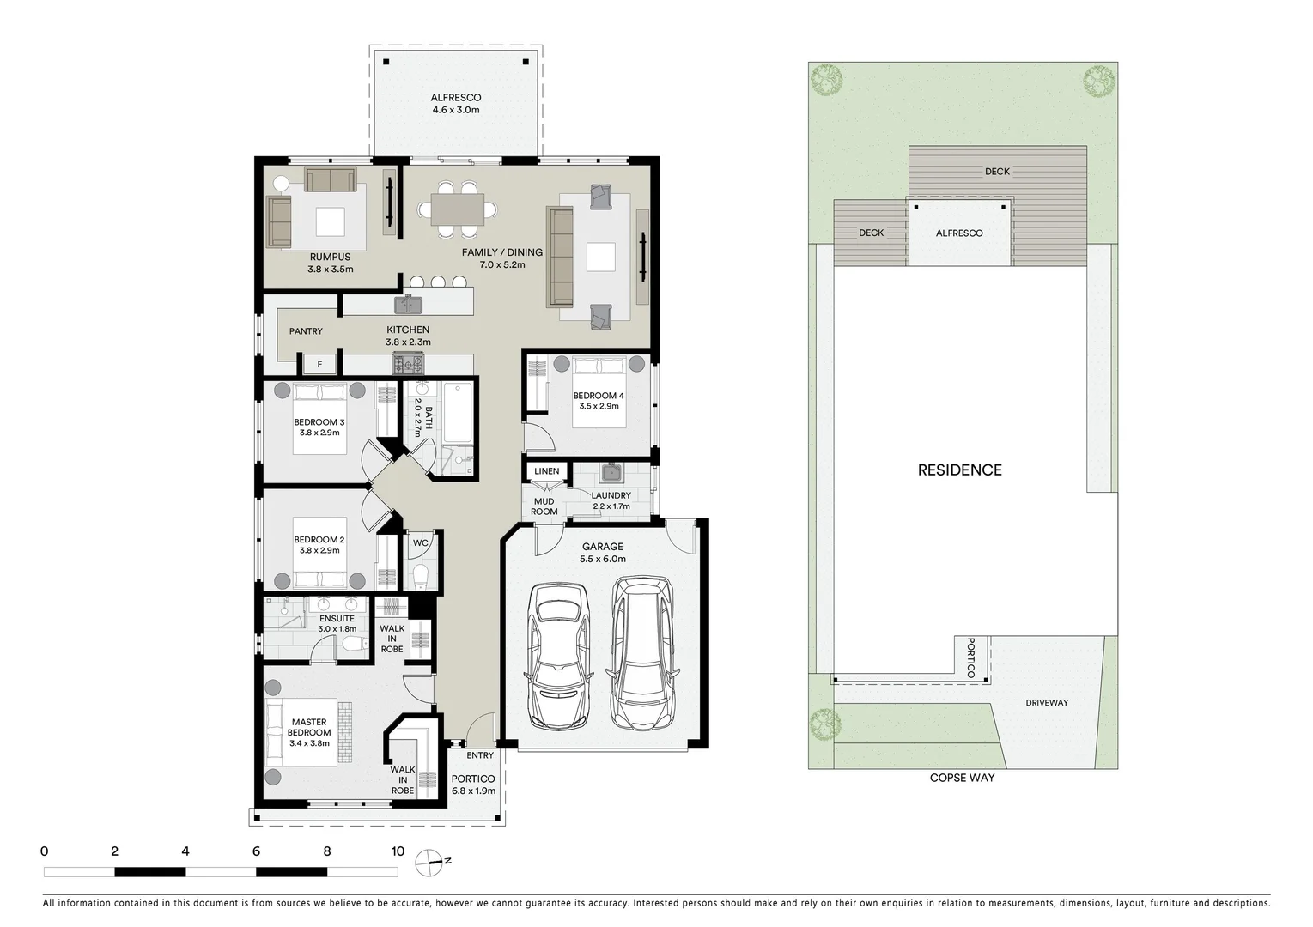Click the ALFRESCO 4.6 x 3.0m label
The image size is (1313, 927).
(456, 104)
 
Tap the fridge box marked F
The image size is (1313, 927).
(319, 365)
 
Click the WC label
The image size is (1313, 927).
(420, 542)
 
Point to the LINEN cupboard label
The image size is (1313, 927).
(546, 471)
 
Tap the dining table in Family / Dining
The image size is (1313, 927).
(457, 208)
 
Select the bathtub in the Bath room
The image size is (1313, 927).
(456, 411)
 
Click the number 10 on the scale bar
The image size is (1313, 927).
(397, 852)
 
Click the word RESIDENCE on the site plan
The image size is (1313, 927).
(959, 470)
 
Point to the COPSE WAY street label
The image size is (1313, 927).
(962, 779)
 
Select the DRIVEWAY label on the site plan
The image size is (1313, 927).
(1047, 703)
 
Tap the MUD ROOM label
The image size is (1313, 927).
(544, 506)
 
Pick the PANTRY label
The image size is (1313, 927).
(306, 331)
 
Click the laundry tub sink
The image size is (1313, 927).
(612, 473)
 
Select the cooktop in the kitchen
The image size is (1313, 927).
(403, 364)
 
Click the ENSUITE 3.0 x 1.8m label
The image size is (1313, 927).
(337, 624)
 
